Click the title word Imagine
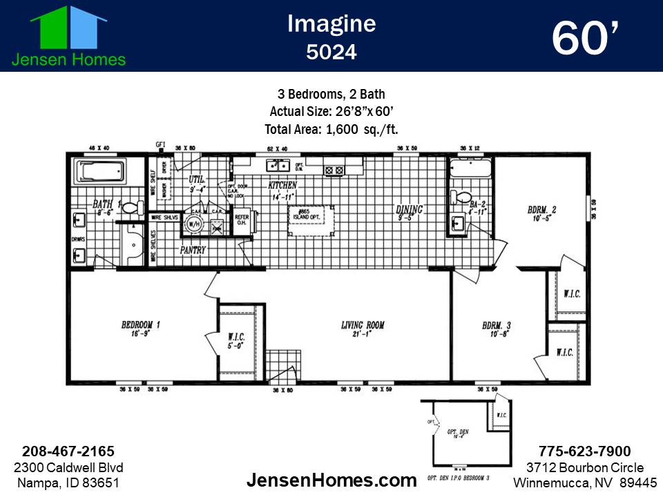coord(331,23)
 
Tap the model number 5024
coord(331,52)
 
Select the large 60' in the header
coord(584,38)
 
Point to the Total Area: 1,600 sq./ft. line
coord(331,128)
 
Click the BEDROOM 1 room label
coord(141,325)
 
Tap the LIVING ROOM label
coord(363,325)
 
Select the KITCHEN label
coord(282,186)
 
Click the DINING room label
coord(409,210)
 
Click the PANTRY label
coord(193,250)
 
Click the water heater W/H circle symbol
coord(195,224)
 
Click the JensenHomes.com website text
coord(331,480)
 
